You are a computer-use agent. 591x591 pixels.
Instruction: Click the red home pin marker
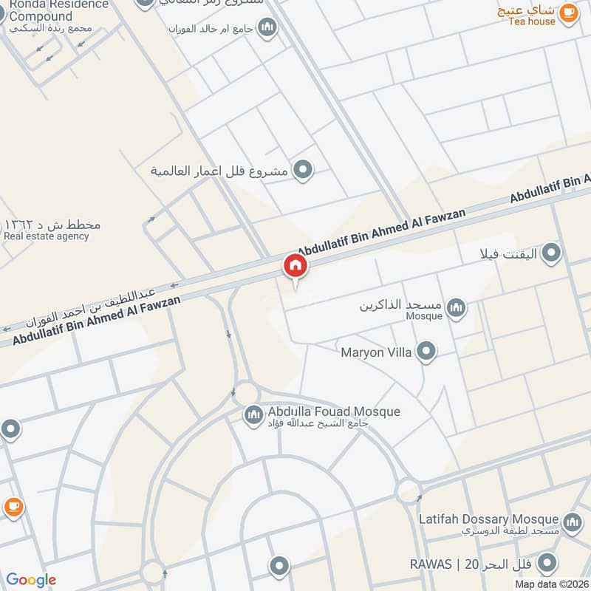[295, 266]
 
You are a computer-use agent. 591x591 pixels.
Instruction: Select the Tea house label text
[532, 21]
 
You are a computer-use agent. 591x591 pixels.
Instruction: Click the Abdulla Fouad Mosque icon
[253, 415]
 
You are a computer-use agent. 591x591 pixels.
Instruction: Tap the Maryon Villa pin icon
[426, 352]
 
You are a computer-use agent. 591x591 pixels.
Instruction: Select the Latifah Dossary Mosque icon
[572, 522]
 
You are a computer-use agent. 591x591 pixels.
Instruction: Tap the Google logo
[31, 580]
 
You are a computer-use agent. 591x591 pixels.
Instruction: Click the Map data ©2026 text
[552, 584]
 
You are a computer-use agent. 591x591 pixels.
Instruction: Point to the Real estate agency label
[47, 236]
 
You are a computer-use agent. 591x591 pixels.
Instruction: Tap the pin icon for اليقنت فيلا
[550, 255]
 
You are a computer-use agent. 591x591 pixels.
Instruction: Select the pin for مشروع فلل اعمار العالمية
[301, 171]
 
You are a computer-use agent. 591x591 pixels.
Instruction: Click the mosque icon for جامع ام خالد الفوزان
[267, 28]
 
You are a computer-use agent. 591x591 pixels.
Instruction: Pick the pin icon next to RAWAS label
[547, 565]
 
